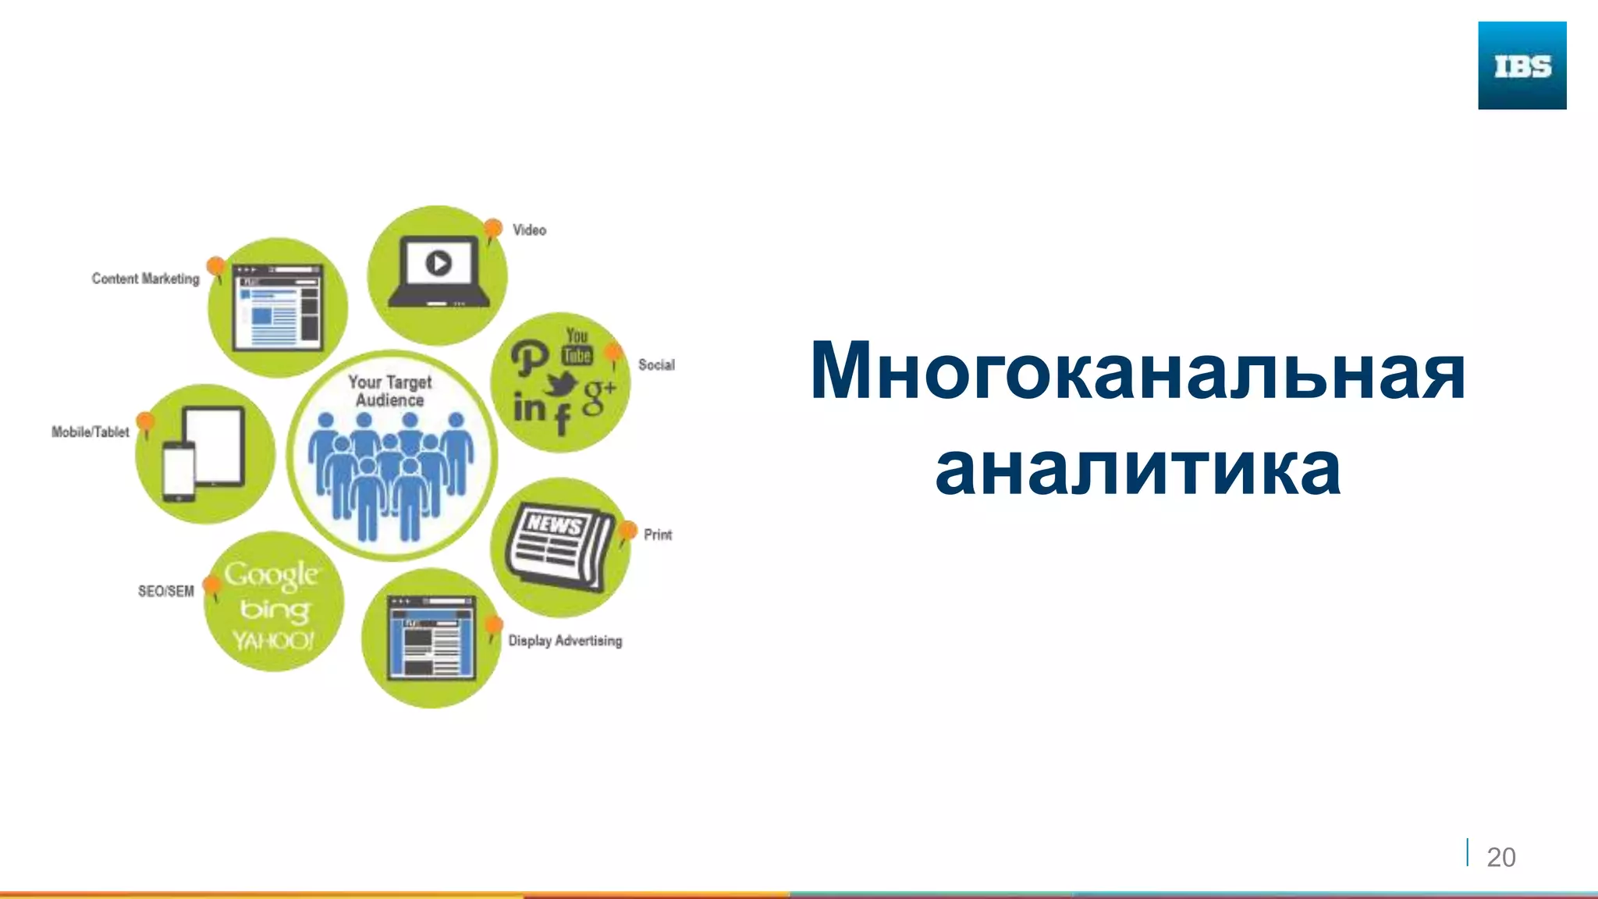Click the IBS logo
(x=1522, y=66)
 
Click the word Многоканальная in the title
(x=1138, y=371)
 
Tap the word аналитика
(x=1138, y=470)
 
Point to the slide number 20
(x=1500, y=857)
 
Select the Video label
(x=529, y=230)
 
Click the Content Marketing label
(x=145, y=279)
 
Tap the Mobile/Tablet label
(x=90, y=432)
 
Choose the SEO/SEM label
(x=165, y=591)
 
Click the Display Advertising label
(x=565, y=641)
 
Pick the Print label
(x=657, y=535)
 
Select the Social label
(x=656, y=364)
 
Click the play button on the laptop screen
(x=439, y=263)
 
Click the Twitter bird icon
(x=561, y=383)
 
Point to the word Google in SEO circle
(x=271, y=576)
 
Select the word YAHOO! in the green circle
(x=273, y=641)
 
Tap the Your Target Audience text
(x=389, y=391)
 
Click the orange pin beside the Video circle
(x=492, y=229)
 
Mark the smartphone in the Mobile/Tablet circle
(x=179, y=471)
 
